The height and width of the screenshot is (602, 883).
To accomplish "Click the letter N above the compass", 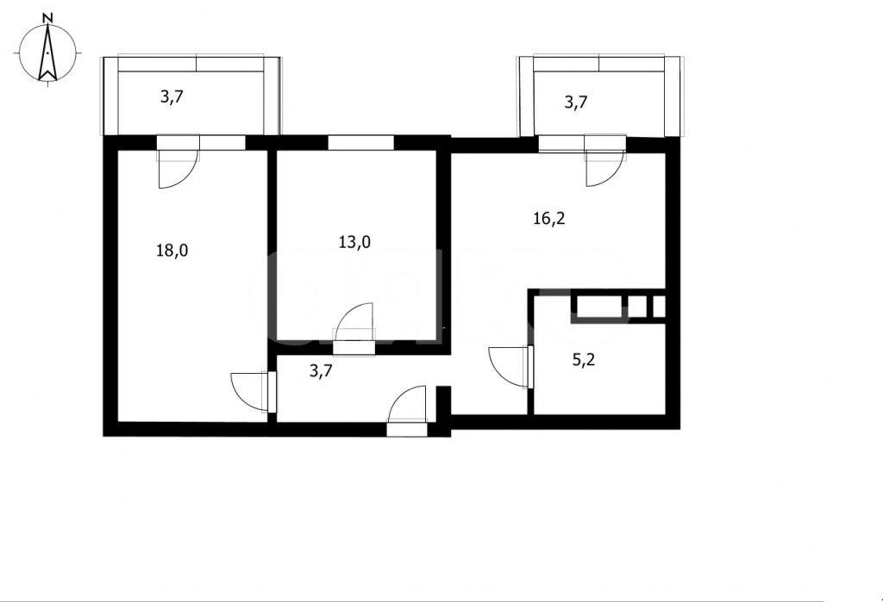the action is (x=48, y=18).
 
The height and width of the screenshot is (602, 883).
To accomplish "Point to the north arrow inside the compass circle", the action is (x=48, y=53).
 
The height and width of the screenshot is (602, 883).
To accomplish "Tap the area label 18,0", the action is (x=172, y=251).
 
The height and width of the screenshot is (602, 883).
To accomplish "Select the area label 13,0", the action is (x=354, y=243).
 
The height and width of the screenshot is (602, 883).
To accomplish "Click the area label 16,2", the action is (x=549, y=218).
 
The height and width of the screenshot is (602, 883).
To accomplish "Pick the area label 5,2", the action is (x=584, y=359).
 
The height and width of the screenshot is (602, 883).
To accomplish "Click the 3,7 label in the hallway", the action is (x=321, y=371).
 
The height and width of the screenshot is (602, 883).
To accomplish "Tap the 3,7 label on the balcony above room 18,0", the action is (x=172, y=96).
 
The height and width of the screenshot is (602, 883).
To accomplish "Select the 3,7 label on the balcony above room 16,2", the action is (x=576, y=102).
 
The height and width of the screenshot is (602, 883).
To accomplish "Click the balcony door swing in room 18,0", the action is (x=178, y=170).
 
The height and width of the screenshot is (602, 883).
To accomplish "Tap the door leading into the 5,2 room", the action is (x=509, y=367).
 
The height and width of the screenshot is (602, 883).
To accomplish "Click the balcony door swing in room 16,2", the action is (x=605, y=169).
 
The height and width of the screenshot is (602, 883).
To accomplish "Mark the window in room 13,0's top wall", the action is (x=360, y=142).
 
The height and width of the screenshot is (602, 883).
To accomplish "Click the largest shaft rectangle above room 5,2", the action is (x=598, y=307).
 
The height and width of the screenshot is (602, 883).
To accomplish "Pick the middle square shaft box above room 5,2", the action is (x=637, y=307).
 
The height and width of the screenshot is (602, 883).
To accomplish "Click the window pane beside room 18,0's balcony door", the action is (x=222, y=142).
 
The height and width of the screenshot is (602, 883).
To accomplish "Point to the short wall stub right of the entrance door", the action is (x=444, y=411).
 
